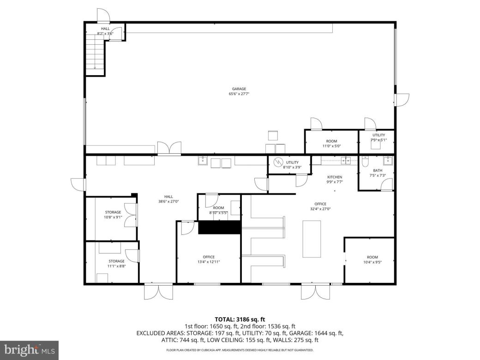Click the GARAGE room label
coord(239,89)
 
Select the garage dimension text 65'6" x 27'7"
coord(239,94)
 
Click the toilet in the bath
coord(365,162)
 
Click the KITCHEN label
coord(335,177)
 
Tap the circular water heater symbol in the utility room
coord(278,162)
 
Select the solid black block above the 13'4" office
coord(219,228)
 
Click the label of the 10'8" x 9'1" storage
coord(113,212)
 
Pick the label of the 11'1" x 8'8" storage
coord(116,261)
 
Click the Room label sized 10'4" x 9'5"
coord(372,257)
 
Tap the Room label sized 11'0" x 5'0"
coord(331,141)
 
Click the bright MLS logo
coord(30,350)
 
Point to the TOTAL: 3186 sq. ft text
coord(240,319)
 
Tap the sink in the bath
coord(388,161)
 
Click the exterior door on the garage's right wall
coord(401,99)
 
